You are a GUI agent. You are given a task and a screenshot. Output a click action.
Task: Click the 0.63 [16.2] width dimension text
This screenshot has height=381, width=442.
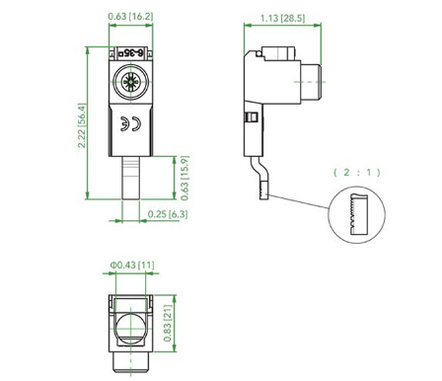[x=128, y=17]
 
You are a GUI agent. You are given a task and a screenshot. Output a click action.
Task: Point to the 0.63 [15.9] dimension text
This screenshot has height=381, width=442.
[x=185, y=178]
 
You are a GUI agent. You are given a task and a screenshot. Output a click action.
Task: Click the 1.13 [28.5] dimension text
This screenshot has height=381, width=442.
[x=280, y=17]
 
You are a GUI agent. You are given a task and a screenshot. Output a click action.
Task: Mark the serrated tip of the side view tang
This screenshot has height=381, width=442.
[x=263, y=188]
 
